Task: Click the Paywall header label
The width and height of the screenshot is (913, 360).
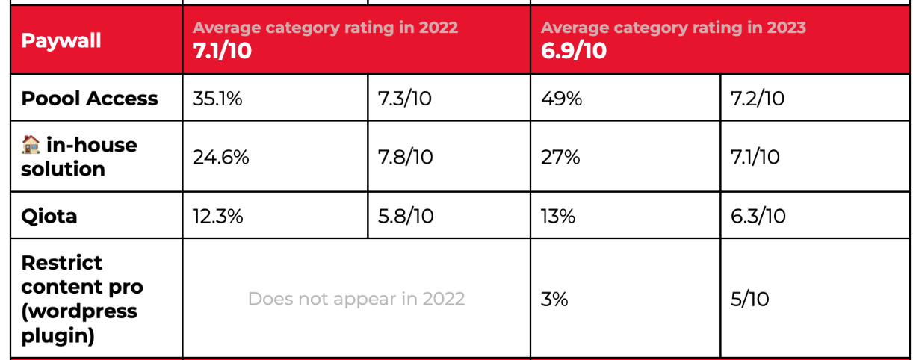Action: (61, 40)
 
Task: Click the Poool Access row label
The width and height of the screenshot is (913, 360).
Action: (90, 99)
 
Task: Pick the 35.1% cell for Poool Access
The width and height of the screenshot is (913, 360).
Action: (217, 99)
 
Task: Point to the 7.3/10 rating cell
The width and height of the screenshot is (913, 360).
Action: (405, 99)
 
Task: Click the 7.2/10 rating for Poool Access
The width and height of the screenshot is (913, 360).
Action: (758, 99)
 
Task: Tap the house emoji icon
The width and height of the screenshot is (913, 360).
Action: (31, 145)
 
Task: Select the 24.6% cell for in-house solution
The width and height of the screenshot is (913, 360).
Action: (220, 157)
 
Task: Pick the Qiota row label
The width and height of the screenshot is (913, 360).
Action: (49, 217)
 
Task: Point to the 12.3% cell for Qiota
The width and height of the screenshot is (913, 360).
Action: (217, 217)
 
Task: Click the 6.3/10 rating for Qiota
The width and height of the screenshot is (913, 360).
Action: (758, 217)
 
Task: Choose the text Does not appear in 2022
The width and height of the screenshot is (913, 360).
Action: (356, 299)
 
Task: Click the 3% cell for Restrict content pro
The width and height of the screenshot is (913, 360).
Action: (554, 299)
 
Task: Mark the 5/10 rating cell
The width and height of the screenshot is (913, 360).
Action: (750, 299)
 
